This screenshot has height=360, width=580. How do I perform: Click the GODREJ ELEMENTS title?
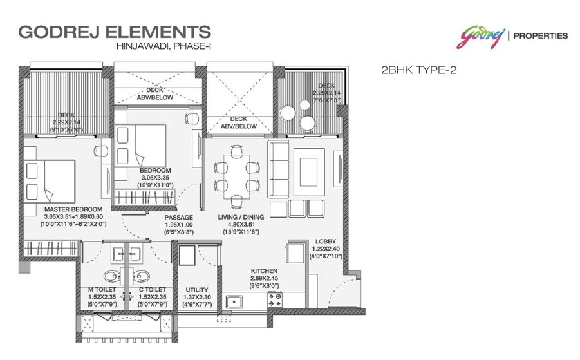[x=115, y=31]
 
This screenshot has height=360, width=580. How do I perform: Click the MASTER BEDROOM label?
[x=73, y=210]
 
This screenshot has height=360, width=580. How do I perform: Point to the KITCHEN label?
[x=264, y=271]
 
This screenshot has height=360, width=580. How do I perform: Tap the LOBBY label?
[x=325, y=242]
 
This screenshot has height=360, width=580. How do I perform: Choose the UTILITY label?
[x=196, y=290]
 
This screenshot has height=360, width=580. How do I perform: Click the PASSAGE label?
[x=175, y=218]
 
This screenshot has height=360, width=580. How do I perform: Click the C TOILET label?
[x=153, y=290]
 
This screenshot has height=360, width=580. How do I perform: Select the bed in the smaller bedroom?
[x=140, y=143]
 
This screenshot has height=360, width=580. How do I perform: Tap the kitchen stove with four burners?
[x=276, y=299]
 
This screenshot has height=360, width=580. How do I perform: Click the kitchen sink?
[x=233, y=300]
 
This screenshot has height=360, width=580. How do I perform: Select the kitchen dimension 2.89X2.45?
[x=264, y=279]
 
